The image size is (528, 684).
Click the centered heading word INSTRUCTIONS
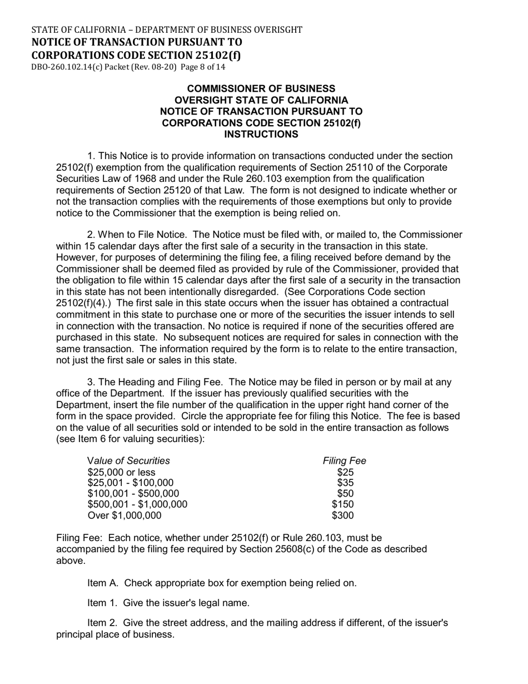point(261,134)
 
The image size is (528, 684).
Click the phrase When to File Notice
point(145,235)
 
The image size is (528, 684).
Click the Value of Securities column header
point(128,460)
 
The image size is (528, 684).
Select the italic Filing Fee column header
point(345,460)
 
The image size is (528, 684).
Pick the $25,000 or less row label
point(121,473)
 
